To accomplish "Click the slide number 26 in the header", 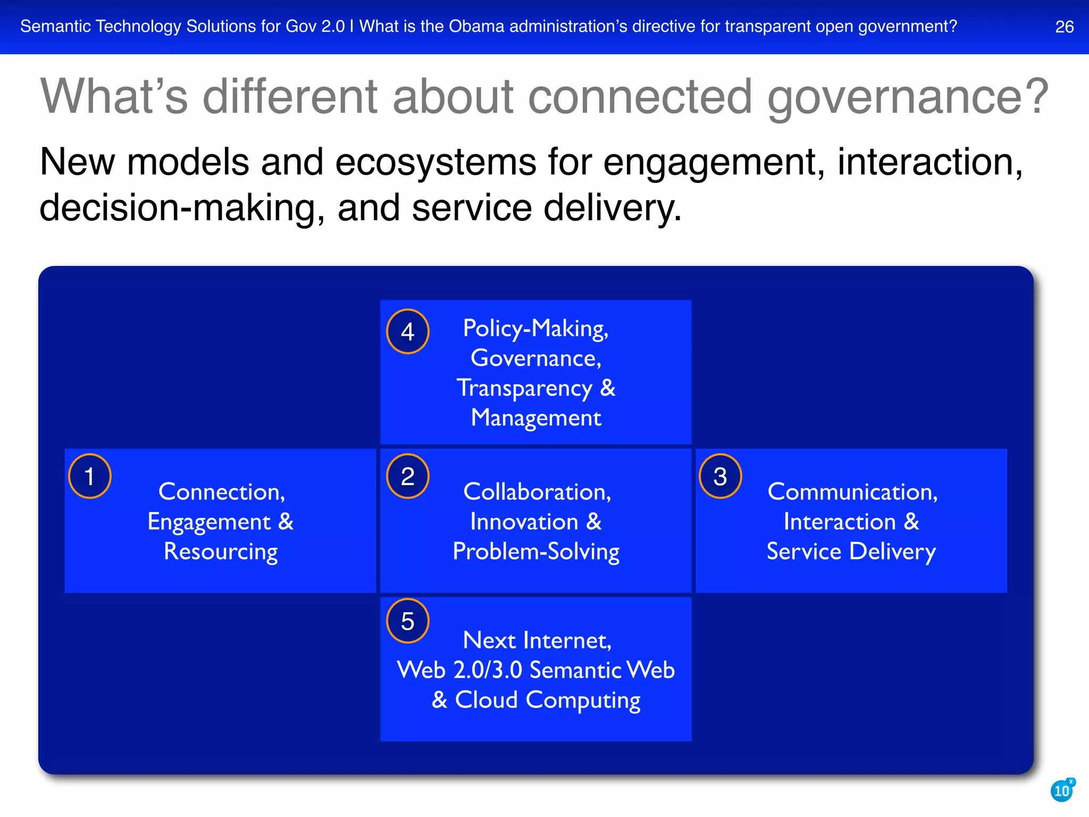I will point(1064,27).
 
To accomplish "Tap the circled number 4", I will point(407,331).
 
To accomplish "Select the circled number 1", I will point(89,476).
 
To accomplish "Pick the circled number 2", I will point(407,476).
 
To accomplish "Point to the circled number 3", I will point(720,476).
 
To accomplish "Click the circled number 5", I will point(407,621).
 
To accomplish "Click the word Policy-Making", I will point(535,329).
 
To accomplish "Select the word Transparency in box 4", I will point(524,388).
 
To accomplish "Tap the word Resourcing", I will point(220,552).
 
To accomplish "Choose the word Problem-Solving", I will point(536,552).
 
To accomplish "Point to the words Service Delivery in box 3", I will point(851,552).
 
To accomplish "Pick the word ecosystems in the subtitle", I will point(435,162).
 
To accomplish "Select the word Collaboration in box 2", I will point(537,492).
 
